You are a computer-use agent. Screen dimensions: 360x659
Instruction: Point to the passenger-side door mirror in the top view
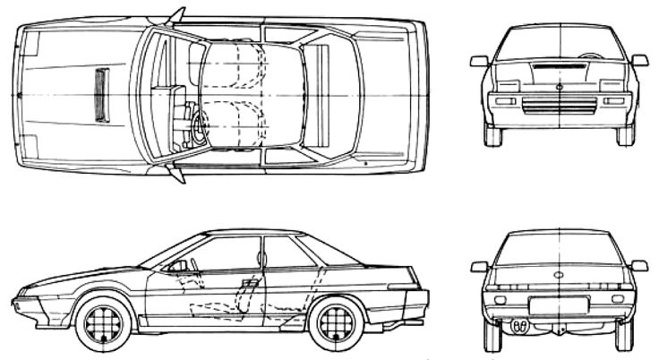(x=175, y=14)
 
